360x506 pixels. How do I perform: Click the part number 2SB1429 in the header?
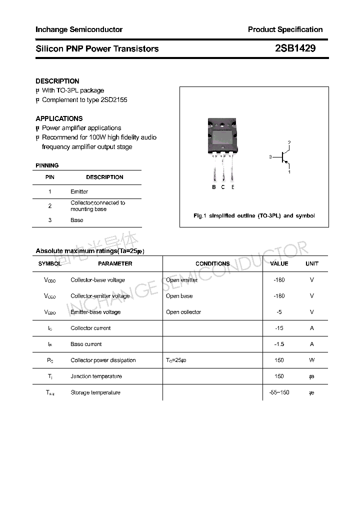[295, 48]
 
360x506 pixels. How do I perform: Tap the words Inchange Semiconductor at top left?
[79, 29]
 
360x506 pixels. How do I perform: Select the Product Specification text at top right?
[285, 29]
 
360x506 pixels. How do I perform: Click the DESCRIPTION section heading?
[57, 81]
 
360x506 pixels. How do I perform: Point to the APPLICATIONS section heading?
[59, 118]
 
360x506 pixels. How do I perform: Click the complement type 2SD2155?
[114, 99]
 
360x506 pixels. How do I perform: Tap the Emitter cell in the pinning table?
[79, 191]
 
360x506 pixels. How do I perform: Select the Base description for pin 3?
[77, 220]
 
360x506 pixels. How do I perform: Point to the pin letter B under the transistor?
[214, 187]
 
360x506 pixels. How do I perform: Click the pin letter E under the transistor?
[232, 187]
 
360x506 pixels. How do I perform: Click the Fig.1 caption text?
[254, 215]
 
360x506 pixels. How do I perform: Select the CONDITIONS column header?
[212, 263]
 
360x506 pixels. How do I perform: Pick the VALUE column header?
[279, 263]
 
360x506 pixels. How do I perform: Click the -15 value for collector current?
[279, 328]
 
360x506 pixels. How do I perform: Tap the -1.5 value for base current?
[279, 344]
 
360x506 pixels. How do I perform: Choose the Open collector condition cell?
[183, 312]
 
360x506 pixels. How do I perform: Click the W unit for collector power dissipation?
[311, 360]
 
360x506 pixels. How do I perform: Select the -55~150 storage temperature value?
[279, 392]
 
